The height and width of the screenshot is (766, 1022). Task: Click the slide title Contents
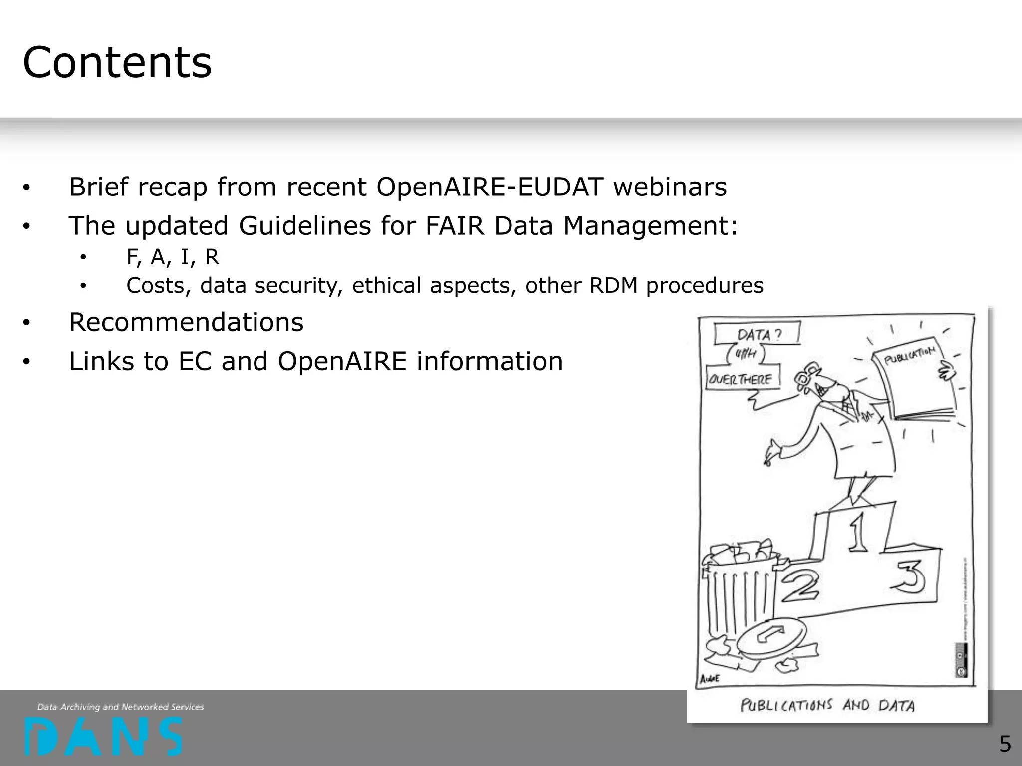click(x=117, y=63)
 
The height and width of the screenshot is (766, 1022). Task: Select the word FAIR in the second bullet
click(x=455, y=226)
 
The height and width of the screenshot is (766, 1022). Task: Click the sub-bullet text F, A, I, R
click(x=173, y=257)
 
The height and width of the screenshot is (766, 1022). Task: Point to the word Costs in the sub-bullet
click(x=159, y=286)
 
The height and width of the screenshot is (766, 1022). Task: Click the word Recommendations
click(x=186, y=322)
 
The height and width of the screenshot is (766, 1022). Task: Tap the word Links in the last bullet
click(x=101, y=361)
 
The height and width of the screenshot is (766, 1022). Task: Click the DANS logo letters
click(x=103, y=736)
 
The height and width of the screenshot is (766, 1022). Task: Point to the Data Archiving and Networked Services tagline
click(x=121, y=707)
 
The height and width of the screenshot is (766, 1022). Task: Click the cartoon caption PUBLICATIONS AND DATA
click(x=827, y=705)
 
